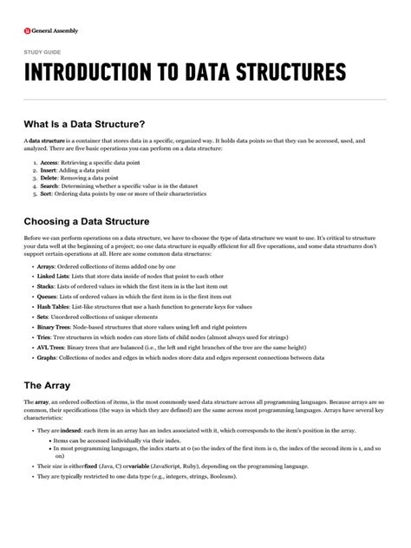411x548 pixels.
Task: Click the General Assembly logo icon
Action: point(27,31)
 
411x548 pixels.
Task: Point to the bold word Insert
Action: point(49,172)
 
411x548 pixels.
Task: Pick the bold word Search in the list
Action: point(50,191)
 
